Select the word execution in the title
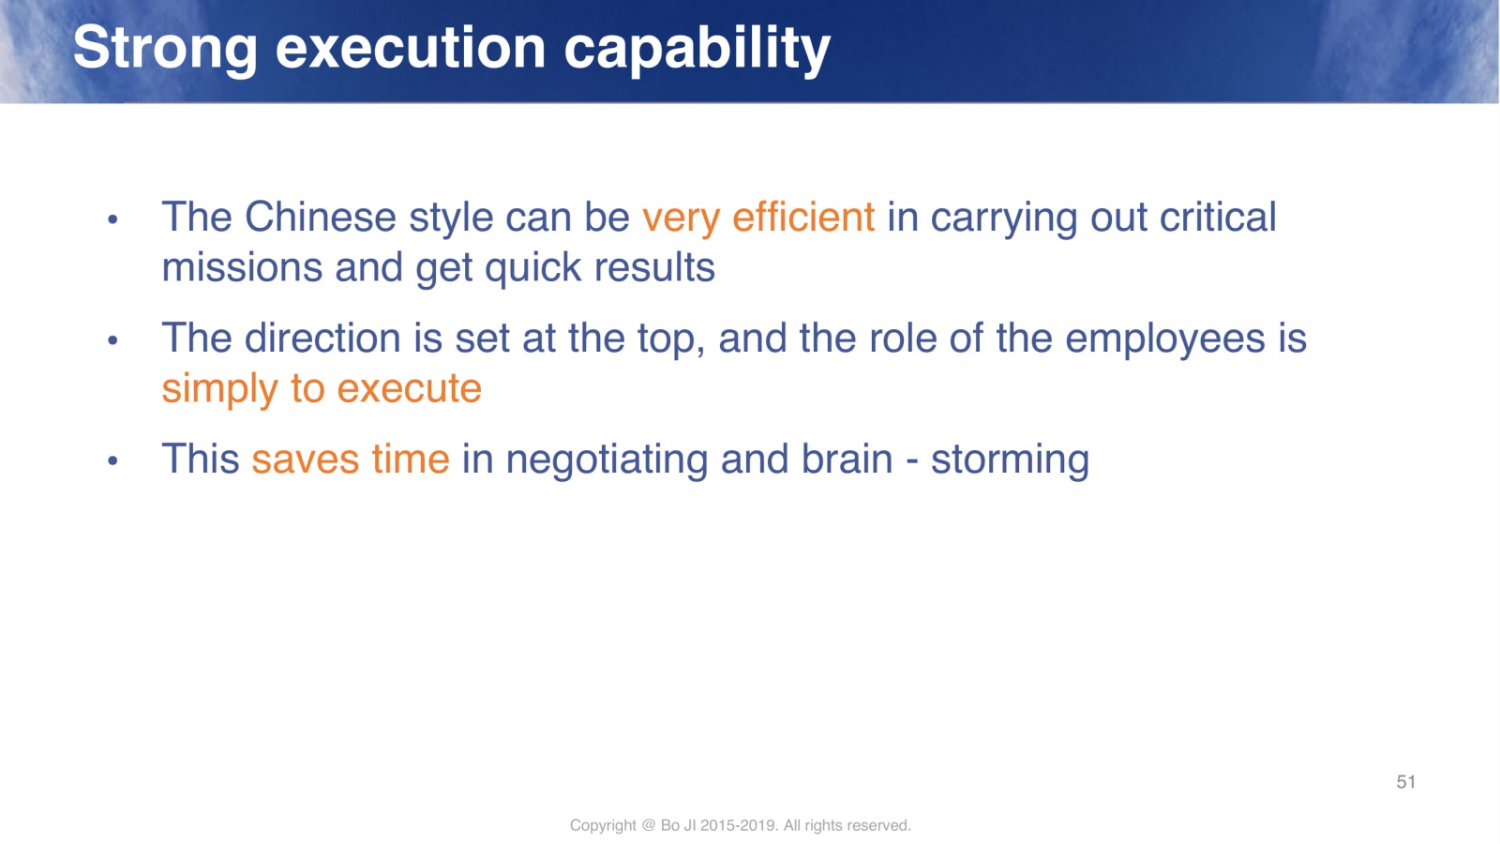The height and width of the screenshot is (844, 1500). coord(411,48)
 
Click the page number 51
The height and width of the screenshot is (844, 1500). coord(1405,782)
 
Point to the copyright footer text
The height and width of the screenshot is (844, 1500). coord(740,825)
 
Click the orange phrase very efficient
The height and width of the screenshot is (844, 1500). coord(758,218)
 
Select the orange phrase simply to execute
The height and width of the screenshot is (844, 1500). coord(322,389)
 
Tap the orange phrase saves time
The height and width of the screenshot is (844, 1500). coord(351,460)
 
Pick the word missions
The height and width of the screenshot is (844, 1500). coord(242,267)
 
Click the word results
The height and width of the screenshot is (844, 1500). coord(654,267)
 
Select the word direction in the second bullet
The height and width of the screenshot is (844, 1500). coord(322,338)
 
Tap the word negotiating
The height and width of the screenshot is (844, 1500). coord(606,460)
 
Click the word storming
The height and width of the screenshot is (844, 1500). coord(1010,460)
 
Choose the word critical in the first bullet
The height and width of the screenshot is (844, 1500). coord(1218,217)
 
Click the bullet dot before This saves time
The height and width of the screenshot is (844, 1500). coord(112,460)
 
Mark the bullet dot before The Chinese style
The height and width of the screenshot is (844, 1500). coord(112,219)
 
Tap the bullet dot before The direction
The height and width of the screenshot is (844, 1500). coord(112,340)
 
